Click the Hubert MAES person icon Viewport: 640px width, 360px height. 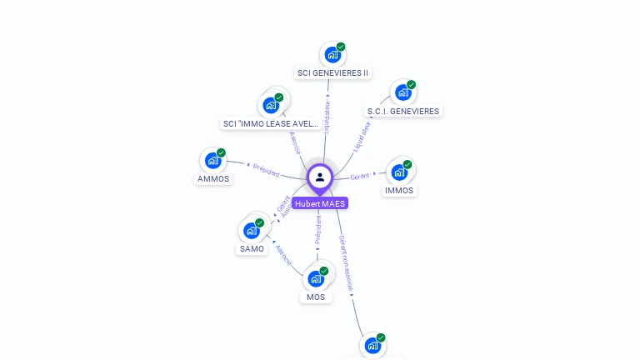(320, 177)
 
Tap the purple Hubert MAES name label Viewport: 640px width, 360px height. (320, 203)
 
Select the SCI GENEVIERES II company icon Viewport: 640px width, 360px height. (332, 55)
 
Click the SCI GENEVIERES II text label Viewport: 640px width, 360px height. (332, 72)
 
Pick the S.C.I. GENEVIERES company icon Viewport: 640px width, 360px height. (402, 92)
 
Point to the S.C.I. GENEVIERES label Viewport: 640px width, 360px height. (403, 111)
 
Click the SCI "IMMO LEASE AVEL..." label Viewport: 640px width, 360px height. (271, 124)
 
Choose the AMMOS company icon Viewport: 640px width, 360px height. (212, 161)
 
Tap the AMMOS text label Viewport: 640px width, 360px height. (213, 178)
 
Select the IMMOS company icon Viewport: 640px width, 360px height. (399, 172)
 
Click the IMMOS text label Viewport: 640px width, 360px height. (399, 190)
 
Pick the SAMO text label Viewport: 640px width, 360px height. (252, 248)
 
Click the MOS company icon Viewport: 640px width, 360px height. (316, 279)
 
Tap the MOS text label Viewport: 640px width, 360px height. (316, 297)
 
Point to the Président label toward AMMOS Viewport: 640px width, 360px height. (265, 171)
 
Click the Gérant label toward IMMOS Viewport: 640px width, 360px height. (360, 176)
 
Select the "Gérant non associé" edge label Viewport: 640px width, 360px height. (347, 265)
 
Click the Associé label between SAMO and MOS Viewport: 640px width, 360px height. (283, 253)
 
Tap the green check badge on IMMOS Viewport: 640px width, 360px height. (407, 165)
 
